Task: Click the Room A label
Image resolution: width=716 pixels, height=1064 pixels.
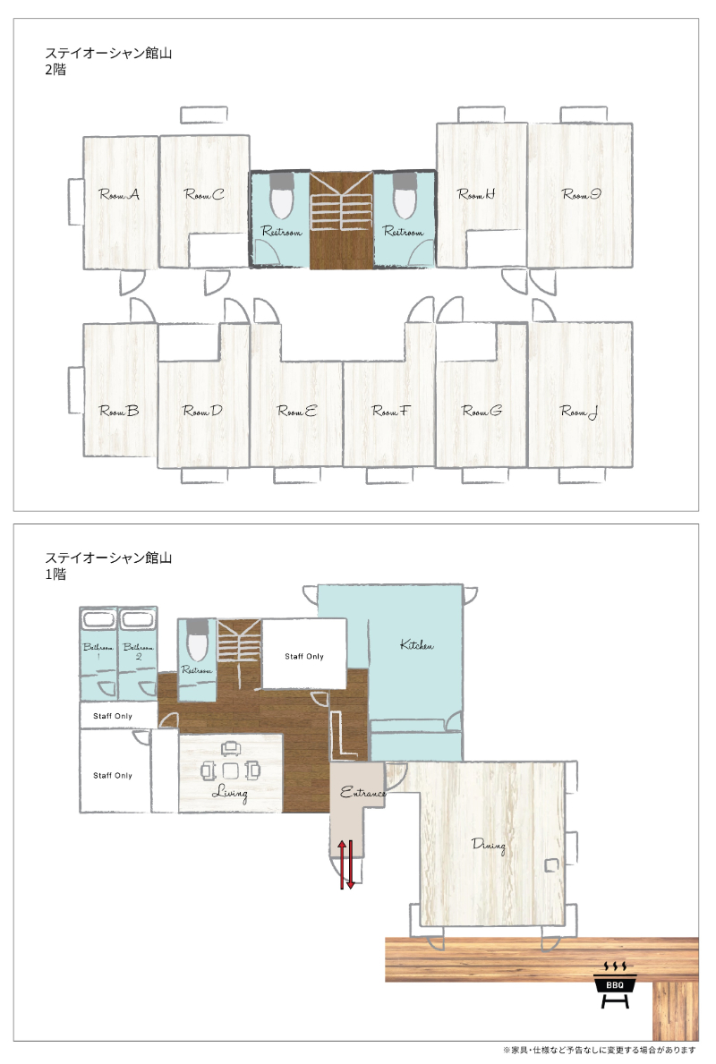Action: (119, 195)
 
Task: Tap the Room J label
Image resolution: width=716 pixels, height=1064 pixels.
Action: (579, 412)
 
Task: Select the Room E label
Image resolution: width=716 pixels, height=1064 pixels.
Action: (296, 411)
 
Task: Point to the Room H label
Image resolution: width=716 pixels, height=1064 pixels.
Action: (476, 195)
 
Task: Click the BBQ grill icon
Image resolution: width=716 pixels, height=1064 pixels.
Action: (615, 984)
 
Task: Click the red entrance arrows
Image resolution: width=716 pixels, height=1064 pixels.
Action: (346, 864)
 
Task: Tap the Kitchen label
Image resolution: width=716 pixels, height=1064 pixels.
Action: (417, 644)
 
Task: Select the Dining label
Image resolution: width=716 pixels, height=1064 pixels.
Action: (489, 845)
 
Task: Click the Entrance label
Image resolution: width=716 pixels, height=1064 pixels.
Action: (363, 792)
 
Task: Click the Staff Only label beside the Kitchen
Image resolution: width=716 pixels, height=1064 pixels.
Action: (304, 656)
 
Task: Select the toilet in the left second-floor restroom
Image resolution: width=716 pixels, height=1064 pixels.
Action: (281, 195)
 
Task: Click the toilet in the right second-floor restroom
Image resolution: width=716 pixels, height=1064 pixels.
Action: (404, 195)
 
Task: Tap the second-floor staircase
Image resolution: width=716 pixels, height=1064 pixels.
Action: (341, 218)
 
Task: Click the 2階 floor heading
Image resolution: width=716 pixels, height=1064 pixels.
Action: (55, 69)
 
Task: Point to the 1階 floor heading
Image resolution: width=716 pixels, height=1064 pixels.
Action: (55, 575)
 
